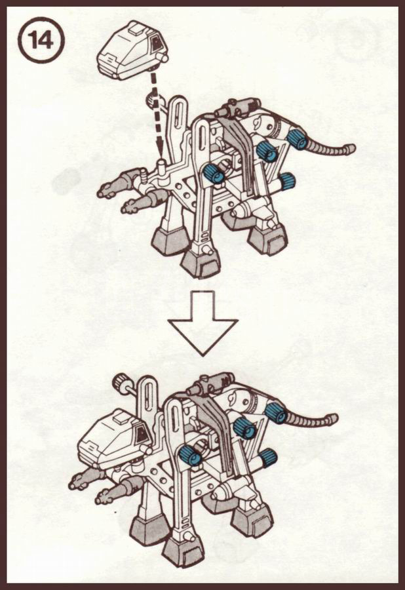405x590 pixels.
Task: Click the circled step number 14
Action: click(41, 40)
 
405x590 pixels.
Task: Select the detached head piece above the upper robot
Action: click(132, 50)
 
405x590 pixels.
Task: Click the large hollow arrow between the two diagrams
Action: click(202, 323)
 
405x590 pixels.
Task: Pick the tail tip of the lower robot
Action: click(332, 418)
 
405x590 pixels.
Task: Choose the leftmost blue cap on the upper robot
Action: click(213, 174)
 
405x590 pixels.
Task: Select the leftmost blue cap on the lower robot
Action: click(190, 455)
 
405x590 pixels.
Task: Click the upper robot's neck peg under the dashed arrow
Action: click(162, 167)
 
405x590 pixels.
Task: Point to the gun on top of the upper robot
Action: click(237, 107)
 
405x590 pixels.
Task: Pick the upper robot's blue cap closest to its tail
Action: click(297, 139)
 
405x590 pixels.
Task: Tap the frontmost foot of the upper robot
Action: click(197, 263)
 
